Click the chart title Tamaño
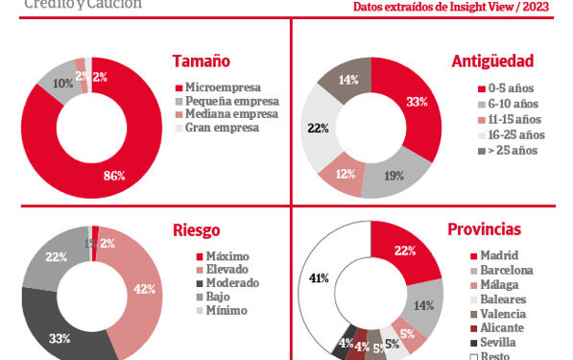(201, 61)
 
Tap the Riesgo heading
(196, 229)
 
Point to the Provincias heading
(485, 229)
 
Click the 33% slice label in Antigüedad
(417, 103)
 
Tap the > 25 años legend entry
(513, 150)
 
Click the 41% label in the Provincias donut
(320, 278)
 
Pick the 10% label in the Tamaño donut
(61, 84)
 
